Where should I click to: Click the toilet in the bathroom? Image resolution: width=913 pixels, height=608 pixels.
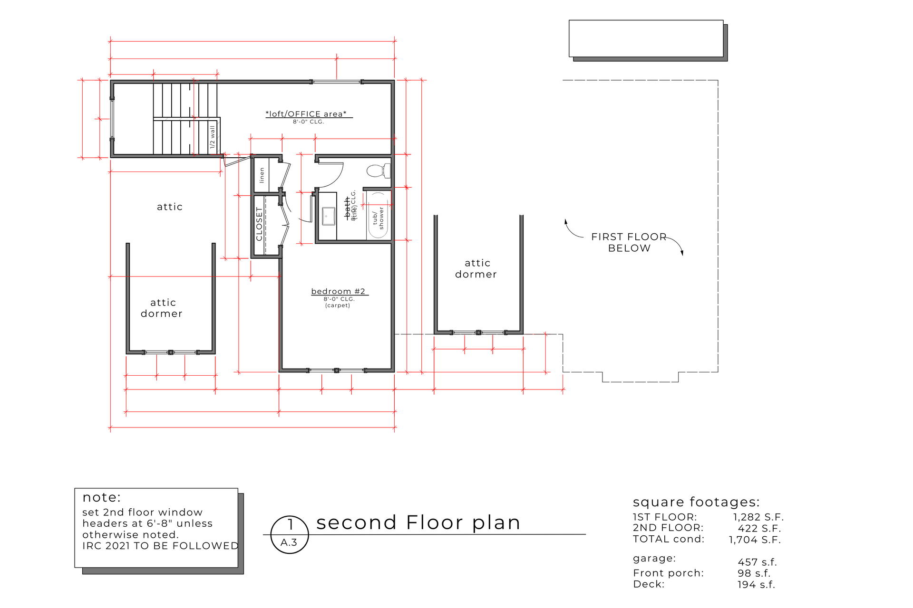pyautogui.click(x=379, y=171)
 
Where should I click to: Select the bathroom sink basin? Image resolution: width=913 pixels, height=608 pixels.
pyautogui.click(x=328, y=216)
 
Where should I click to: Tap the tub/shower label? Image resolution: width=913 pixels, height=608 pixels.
pyautogui.click(x=378, y=218)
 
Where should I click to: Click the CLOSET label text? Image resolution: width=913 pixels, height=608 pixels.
pyautogui.click(x=259, y=224)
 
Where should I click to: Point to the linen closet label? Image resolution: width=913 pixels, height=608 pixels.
pyautogui.click(x=262, y=175)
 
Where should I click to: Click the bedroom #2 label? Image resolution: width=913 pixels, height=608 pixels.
pyautogui.click(x=338, y=291)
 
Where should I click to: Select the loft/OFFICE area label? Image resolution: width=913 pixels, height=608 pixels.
pyautogui.click(x=306, y=114)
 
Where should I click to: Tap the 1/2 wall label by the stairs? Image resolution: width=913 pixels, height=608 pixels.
pyautogui.click(x=213, y=137)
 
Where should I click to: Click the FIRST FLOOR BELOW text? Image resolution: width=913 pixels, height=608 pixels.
pyautogui.click(x=629, y=242)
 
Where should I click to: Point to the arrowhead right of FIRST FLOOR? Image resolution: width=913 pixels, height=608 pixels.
pyautogui.click(x=682, y=253)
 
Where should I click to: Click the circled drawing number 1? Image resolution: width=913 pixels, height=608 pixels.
pyautogui.click(x=290, y=525)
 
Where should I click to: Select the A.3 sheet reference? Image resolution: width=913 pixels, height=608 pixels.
pyautogui.click(x=289, y=542)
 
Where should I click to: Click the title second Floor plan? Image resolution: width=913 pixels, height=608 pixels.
pyautogui.click(x=418, y=522)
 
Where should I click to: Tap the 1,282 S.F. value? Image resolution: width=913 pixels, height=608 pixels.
pyautogui.click(x=758, y=517)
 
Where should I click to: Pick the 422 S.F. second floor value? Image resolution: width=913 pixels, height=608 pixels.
pyautogui.click(x=759, y=528)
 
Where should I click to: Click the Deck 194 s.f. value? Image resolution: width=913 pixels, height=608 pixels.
pyautogui.click(x=756, y=585)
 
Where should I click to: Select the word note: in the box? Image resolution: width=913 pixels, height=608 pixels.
pyautogui.click(x=101, y=497)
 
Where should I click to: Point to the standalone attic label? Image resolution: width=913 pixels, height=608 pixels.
pyautogui.click(x=170, y=207)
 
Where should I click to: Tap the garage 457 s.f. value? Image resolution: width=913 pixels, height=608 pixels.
pyautogui.click(x=757, y=562)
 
